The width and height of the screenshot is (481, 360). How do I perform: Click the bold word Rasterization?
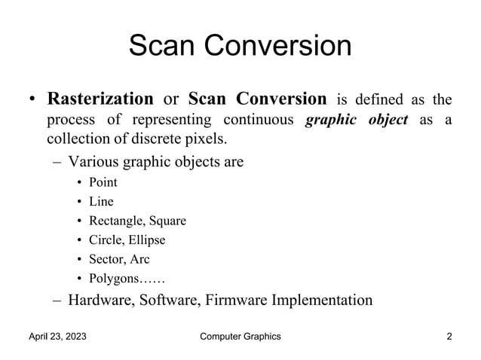[x=100, y=99]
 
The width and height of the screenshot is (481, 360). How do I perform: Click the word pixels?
[x=204, y=141]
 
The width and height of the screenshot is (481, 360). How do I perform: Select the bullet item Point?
[x=103, y=182]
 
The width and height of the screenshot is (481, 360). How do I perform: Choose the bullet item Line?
[x=101, y=201]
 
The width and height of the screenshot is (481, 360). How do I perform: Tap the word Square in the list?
[x=167, y=221]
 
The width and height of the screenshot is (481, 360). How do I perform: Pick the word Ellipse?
[x=146, y=240]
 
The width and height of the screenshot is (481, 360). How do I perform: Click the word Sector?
[x=107, y=260]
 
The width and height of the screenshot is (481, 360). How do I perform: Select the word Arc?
[x=139, y=260]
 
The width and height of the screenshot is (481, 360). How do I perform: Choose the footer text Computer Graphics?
[x=240, y=337]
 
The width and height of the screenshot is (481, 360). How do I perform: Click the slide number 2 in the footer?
[x=449, y=337]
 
